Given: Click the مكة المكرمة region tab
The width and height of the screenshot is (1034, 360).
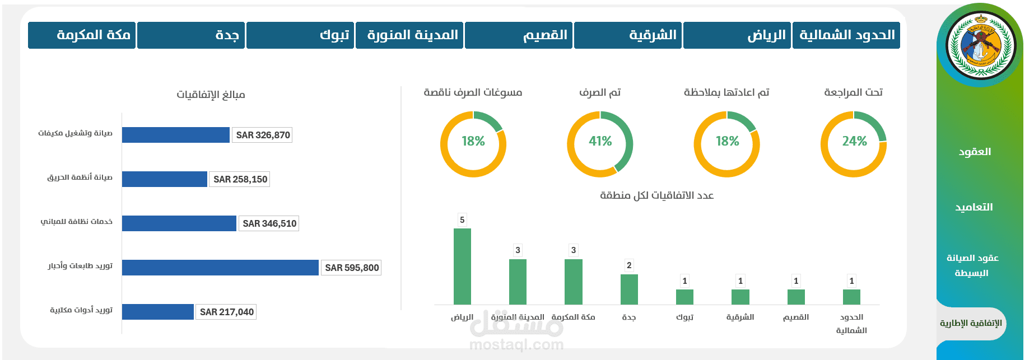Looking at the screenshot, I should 82,35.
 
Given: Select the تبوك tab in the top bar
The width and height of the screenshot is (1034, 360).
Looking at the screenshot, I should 300,35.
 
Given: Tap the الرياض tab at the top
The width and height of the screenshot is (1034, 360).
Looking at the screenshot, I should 737,35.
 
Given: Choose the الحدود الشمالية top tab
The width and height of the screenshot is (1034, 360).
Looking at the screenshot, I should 846,35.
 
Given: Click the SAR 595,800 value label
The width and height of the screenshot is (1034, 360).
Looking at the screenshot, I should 352,268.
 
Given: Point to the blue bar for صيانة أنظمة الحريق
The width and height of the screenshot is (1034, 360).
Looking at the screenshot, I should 165,179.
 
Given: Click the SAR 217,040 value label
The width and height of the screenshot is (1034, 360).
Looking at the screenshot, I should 226,312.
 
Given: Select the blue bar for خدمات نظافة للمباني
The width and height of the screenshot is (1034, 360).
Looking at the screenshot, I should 179,223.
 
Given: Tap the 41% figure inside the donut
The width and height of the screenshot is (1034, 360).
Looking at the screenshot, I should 600,142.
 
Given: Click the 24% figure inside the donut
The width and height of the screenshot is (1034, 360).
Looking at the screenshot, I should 854,142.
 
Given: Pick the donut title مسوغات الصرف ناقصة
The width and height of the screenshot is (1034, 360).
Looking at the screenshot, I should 473,92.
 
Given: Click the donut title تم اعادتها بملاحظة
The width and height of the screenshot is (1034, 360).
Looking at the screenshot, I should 726,92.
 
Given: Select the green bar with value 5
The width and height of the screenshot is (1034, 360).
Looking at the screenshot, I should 462,266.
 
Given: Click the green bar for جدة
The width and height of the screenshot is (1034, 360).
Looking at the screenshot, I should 629,289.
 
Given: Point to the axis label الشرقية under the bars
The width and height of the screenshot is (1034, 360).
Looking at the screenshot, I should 740,317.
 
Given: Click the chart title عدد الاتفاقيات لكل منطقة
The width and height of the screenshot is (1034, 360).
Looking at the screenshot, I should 656,195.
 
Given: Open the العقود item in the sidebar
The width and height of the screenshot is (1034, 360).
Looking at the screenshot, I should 975,152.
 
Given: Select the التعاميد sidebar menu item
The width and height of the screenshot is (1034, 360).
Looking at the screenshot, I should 974,207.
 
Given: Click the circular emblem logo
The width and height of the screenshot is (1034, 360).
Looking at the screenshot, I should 981,45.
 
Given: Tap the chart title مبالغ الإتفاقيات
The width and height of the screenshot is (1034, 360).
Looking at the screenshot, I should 211,95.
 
